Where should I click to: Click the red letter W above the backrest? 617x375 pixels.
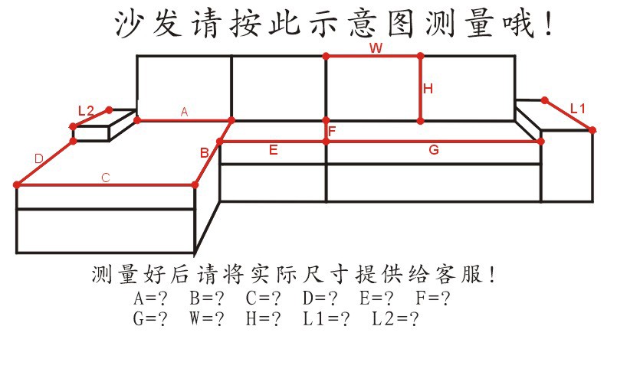[376, 48]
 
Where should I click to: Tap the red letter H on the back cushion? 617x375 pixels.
[428, 89]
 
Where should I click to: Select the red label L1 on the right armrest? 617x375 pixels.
[578, 109]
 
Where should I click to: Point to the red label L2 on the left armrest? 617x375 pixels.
[86, 111]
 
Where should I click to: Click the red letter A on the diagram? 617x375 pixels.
[184, 112]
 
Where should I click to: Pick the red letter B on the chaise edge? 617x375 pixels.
[204, 152]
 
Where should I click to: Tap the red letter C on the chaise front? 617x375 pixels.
[106, 178]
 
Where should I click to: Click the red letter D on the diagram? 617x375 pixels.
[38, 159]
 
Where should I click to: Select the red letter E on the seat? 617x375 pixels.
[273, 150]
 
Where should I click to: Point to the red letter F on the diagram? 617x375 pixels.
[332, 132]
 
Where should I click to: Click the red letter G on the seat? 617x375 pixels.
[434, 150]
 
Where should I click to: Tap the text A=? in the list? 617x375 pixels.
[150, 298]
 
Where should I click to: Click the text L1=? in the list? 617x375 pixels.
[326, 318]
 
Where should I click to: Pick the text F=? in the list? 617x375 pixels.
[433, 298]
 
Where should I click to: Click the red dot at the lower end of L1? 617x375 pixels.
[592, 130]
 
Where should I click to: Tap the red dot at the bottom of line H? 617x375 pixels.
[421, 121]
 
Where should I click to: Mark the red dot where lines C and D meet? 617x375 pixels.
[17, 184]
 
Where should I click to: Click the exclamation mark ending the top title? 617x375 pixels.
[549, 24]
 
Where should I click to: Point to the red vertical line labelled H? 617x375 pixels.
[421, 89]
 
